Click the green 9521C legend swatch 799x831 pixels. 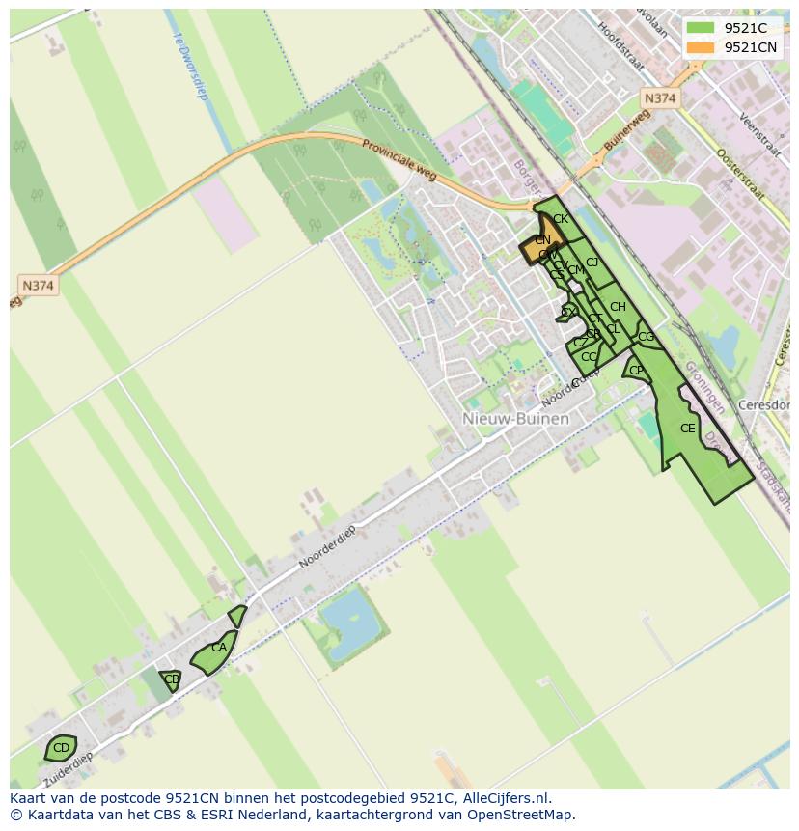click(x=701, y=28)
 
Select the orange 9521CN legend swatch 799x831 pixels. click(x=701, y=47)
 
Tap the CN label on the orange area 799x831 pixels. click(x=542, y=240)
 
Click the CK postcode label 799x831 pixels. click(x=561, y=219)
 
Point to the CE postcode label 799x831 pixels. click(x=687, y=429)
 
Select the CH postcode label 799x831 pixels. click(x=618, y=307)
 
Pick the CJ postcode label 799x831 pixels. click(x=592, y=263)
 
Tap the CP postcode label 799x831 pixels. click(x=636, y=371)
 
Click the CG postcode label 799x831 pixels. click(x=646, y=337)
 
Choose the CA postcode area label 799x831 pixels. click(x=219, y=648)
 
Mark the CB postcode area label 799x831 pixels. click(x=172, y=679)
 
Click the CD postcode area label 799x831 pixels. click(x=61, y=748)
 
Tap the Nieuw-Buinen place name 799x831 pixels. click(x=515, y=419)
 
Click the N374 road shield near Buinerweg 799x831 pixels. click(x=660, y=98)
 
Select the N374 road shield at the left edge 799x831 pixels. click(x=38, y=285)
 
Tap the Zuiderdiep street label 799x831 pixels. click(x=69, y=768)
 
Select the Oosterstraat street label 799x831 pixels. click(x=740, y=175)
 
